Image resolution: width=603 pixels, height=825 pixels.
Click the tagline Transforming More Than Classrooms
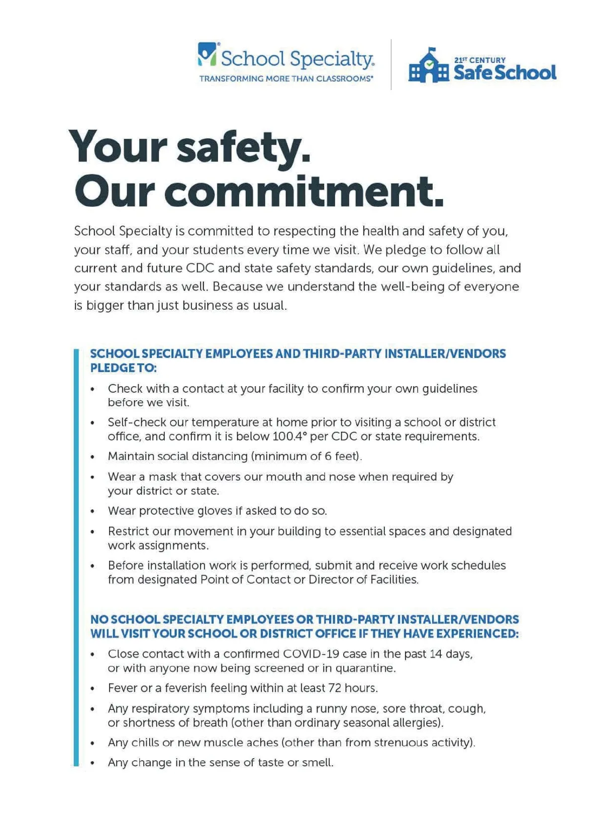(286, 79)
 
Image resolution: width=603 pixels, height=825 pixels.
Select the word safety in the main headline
(243, 146)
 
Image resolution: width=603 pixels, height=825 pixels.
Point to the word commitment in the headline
(304, 192)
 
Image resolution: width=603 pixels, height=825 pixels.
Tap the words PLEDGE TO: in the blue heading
(123, 368)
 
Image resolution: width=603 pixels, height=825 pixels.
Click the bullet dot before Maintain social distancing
(92, 457)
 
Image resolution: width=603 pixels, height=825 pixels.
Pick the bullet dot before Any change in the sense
(92, 763)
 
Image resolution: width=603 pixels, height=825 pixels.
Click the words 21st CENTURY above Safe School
(480, 60)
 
